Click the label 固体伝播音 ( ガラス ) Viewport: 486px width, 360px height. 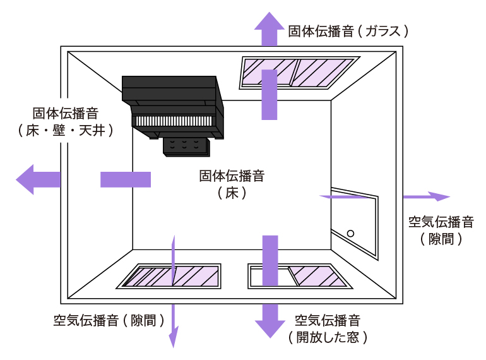tap(349, 30)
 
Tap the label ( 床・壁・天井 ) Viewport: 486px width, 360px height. tap(66, 130)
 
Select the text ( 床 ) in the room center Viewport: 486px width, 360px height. tap(231, 193)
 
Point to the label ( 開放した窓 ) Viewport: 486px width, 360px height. tap(328, 337)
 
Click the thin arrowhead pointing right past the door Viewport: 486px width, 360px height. tap(438, 196)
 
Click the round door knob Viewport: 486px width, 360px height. tap(351, 233)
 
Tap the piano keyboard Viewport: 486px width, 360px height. tap(174, 121)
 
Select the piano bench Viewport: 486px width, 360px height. tap(187, 147)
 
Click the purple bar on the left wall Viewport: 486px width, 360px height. tap(126, 179)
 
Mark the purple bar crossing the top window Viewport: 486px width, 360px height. tap(270, 95)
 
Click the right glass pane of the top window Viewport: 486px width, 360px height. tap(323, 72)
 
